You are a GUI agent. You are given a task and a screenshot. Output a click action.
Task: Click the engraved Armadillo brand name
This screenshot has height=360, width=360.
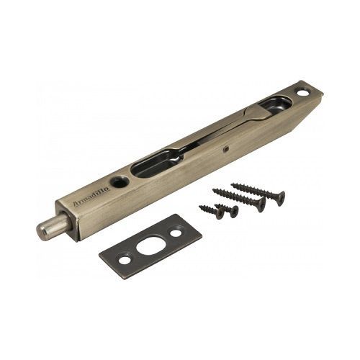91,197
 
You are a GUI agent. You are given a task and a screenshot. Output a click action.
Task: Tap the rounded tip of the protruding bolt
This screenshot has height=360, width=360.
40,230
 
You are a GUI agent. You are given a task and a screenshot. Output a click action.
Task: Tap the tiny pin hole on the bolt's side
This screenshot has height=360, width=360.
226,150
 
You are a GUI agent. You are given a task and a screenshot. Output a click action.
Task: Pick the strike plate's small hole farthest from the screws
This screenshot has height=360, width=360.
125,261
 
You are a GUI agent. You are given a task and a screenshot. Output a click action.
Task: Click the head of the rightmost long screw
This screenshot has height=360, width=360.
280,198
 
